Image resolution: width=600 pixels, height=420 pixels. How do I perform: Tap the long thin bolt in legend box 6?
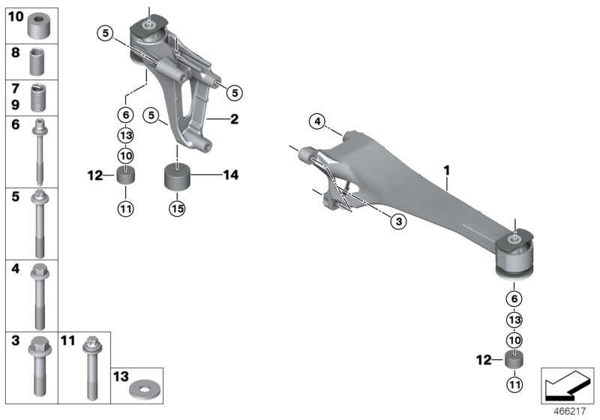[x=38, y=153]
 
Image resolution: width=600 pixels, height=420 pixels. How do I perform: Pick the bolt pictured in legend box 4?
[x=38, y=295]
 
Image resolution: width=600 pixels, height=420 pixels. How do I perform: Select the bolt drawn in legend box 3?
[x=38, y=367]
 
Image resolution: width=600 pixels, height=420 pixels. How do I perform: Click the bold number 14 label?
[x=231, y=175]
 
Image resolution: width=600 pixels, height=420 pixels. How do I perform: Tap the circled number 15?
[x=177, y=210]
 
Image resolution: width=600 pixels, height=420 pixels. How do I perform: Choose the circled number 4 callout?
[x=317, y=121]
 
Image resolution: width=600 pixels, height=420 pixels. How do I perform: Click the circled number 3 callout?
[x=397, y=220]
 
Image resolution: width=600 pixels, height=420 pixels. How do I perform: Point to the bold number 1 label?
[x=447, y=172]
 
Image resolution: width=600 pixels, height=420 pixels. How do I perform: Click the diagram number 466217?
[x=572, y=411]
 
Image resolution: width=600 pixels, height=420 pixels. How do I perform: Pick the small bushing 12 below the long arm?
[x=514, y=361]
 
